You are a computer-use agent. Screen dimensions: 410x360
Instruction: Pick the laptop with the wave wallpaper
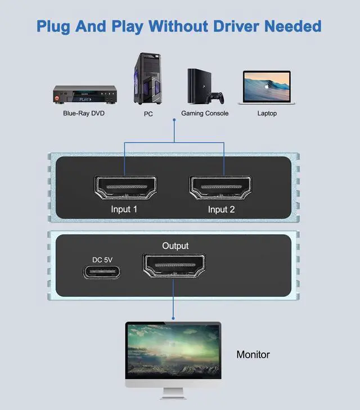(x=266, y=87)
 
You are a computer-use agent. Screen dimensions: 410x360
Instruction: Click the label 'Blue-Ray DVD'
(x=84, y=113)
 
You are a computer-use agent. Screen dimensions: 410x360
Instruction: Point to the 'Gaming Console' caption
(x=205, y=113)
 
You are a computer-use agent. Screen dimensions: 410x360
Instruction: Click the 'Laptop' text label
(x=267, y=113)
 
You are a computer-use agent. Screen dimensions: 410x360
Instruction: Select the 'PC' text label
(x=148, y=114)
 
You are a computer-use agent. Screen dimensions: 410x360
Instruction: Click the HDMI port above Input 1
(x=124, y=187)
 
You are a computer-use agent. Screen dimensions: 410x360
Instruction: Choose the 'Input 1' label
(x=124, y=210)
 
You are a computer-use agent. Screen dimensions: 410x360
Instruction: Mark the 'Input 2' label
(x=222, y=210)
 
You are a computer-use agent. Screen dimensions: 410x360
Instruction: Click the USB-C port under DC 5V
(x=102, y=272)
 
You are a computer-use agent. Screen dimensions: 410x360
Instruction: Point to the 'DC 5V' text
(x=102, y=260)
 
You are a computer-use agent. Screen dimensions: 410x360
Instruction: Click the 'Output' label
(x=175, y=246)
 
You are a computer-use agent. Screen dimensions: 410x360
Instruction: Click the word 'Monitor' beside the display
(x=253, y=355)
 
